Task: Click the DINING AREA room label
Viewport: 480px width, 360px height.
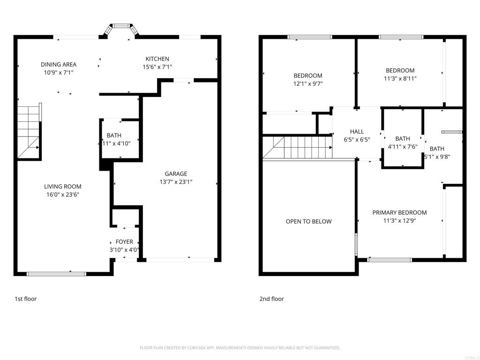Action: pos(59,65)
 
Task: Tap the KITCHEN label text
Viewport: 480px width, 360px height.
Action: pos(157,59)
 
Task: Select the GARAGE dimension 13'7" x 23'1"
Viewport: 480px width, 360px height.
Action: pos(176,182)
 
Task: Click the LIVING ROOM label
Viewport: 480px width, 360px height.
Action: pos(63,187)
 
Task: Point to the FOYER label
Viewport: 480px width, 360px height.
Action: pos(124,242)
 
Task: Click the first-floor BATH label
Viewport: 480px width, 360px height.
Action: pos(114,135)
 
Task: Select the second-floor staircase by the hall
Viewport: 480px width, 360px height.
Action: pos(298,147)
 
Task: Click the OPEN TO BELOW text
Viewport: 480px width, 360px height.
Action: pos(308,221)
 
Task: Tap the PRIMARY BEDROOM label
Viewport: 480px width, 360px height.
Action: pos(399,212)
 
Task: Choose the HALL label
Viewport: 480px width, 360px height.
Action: pos(357,132)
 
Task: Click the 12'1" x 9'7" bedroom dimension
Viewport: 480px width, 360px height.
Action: pos(308,84)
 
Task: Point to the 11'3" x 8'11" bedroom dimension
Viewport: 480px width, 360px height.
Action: pos(400,79)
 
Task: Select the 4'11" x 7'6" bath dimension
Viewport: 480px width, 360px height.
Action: pos(402,146)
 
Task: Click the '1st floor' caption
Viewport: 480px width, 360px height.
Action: pos(25,299)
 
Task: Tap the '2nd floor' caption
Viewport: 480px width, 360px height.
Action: pos(272,299)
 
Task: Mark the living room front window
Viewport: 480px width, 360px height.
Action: pos(56,273)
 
